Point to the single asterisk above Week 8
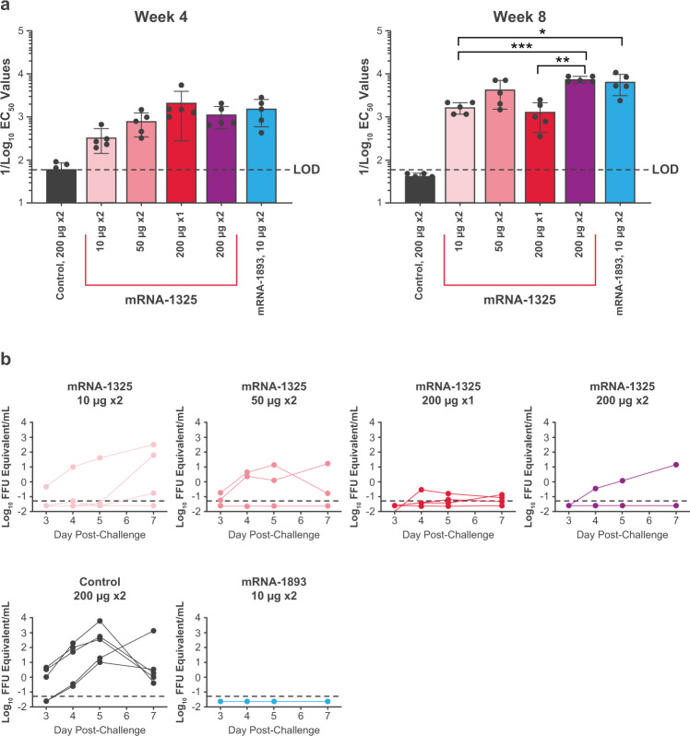[x=541, y=30]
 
